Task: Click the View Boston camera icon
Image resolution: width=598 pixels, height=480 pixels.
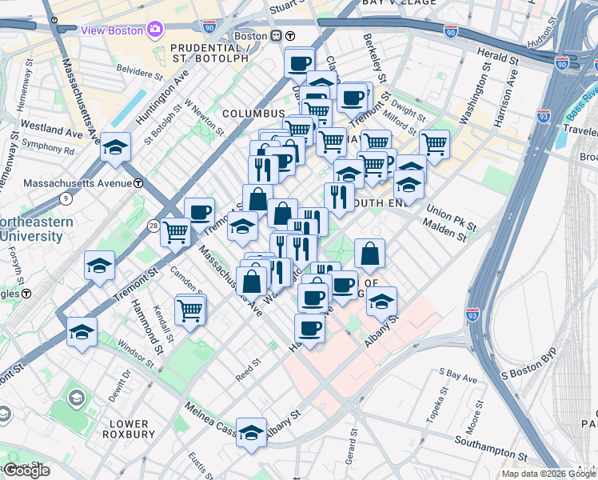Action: click(154, 30)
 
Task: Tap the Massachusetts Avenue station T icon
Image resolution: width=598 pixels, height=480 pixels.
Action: click(138, 183)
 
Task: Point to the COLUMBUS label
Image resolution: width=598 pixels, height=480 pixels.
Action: click(253, 114)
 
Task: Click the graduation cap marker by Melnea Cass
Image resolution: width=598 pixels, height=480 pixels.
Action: click(251, 432)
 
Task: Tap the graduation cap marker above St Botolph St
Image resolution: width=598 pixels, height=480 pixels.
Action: click(115, 146)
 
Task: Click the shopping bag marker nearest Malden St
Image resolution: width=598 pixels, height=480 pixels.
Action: click(369, 254)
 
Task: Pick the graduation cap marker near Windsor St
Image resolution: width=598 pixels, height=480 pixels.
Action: click(82, 330)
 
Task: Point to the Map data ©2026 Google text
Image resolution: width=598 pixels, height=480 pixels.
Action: click(548, 474)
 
